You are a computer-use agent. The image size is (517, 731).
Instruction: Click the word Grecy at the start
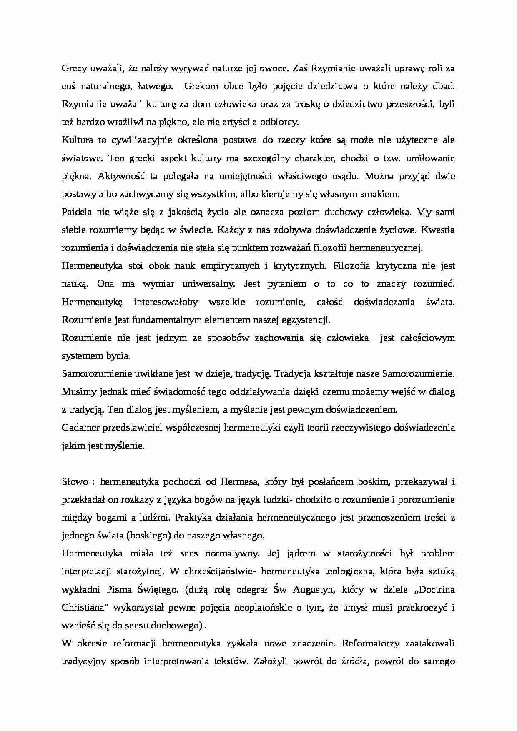73,68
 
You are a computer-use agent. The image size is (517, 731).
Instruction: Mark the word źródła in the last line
351,661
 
